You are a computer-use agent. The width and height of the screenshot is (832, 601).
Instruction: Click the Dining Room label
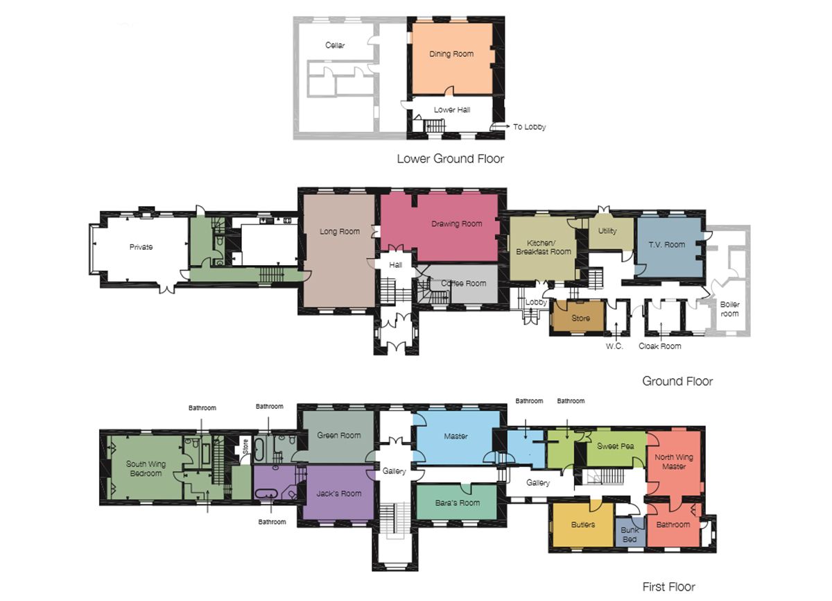click(x=451, y=54)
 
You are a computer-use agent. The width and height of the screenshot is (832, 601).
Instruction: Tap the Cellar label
click(x=335, y=45)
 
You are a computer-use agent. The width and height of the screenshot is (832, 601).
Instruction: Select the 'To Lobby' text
click(x=529, y=127)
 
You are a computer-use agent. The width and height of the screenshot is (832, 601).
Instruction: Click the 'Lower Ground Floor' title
click(x=451, y=159)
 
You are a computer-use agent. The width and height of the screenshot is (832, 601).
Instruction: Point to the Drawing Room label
click(x=456, y=223)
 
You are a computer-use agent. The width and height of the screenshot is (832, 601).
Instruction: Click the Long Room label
click(x=340, y=232)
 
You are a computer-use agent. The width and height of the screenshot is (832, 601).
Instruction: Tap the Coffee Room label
click(x=464, y=283)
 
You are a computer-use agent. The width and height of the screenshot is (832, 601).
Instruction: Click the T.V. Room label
click(x=667, y=244)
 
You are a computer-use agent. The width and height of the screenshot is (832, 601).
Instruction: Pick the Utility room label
click(x=607, y=231)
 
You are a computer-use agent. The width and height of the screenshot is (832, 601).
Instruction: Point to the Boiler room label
click(x=729, y=309)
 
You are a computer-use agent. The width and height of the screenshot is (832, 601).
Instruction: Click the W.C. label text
click(x=614, y=346)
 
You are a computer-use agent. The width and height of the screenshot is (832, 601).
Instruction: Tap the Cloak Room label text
click(x=659, y=346)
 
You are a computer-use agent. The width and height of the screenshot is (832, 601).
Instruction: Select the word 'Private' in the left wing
click(x=141, y=247)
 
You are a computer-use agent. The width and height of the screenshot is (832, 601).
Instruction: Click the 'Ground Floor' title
click(x=677, y=381)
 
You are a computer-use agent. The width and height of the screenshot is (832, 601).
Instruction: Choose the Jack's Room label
click(x=339, y=493)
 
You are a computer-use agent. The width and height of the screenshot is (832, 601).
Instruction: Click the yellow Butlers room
click(x=583, y=525)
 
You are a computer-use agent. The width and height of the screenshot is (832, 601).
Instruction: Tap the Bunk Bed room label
click(x=630, y=534)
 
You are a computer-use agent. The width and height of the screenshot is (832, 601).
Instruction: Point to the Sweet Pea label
click(x=615, y=446)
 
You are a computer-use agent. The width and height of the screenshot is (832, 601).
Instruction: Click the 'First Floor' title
click(x=668, y=586)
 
